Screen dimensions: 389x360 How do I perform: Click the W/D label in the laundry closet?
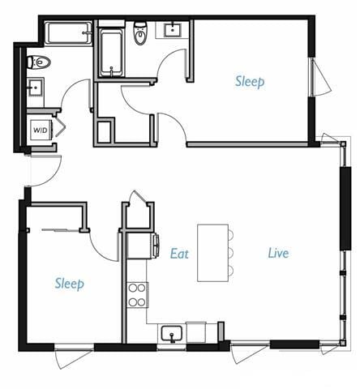click(40, 130)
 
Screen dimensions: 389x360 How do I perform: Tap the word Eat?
click(179, 253)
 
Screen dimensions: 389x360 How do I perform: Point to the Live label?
click(279, 253)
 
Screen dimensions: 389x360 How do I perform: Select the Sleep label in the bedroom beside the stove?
click(69, 283)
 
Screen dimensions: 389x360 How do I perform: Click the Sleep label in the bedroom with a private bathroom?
click(250, 81)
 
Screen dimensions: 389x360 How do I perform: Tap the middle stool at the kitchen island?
click(230, 253)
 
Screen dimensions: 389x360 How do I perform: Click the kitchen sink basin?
click(170, 332)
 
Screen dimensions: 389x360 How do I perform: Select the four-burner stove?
click(138, 294)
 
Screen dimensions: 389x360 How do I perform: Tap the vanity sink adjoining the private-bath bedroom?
click(173, 31)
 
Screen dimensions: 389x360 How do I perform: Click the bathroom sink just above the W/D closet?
click(36, 88)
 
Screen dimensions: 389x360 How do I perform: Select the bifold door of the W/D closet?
click(59, 128)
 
